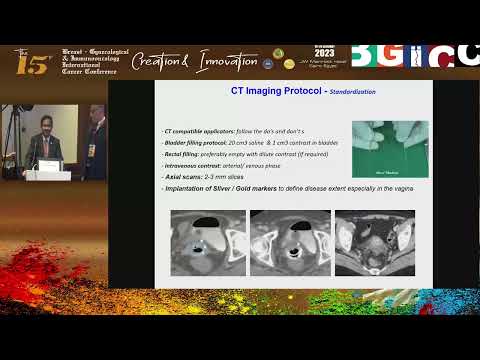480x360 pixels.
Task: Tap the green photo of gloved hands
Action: tap(390, 149)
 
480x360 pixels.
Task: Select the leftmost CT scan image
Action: tap(207, 242)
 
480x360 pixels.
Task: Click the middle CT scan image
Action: tap(289, 242)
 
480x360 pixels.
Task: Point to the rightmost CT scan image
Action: tap(374, 242)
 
